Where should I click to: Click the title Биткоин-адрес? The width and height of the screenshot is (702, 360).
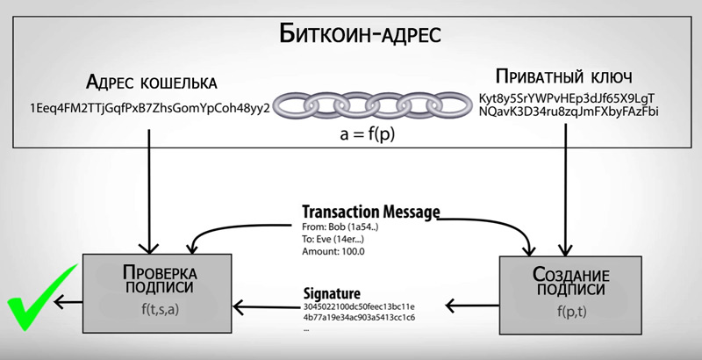(x=359, y=34)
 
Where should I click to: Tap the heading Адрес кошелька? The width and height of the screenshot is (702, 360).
(x=151, y=83)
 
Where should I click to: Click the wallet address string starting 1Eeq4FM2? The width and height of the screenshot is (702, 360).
(x=150, y=110)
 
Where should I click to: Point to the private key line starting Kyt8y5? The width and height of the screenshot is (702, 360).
(x=569, y=97)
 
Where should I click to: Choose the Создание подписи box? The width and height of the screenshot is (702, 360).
(x=553, y=299)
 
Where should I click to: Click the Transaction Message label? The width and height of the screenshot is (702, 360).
(x=369, y=212)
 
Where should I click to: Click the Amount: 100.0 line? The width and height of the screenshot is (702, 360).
(x=333, y=250)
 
